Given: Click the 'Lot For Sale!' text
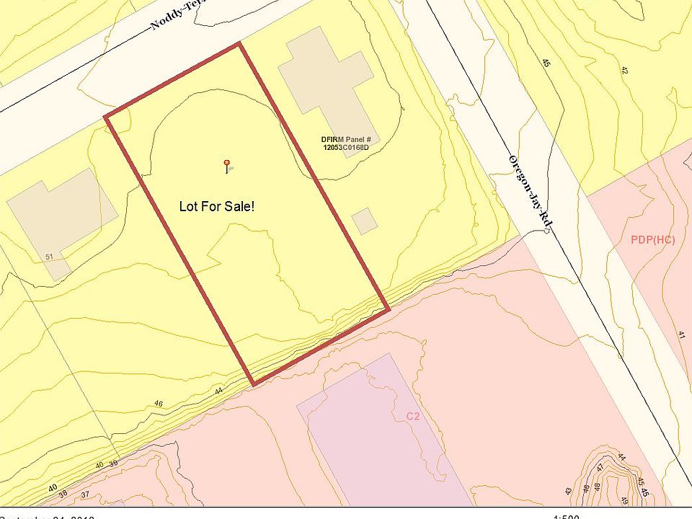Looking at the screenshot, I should [216, 206].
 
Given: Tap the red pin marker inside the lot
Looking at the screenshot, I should [227, 163].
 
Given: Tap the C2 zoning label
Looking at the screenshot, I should [413, 416].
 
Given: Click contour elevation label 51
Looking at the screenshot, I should [49, 257].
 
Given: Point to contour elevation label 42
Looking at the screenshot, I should [624, 70].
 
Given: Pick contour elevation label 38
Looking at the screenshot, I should [63, 494].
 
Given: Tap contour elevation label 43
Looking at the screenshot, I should [568, 491].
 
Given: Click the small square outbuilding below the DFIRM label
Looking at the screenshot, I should [365, 221].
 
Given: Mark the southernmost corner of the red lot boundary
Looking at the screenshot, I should [252, 384].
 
